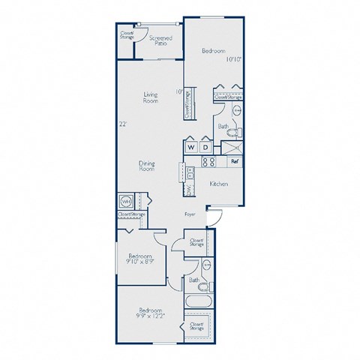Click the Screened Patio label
[158, 40]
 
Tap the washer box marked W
[190, 147]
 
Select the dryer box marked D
[203, 147]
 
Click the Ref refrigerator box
[234, 161]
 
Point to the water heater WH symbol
[124, 202]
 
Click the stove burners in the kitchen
[211, 161]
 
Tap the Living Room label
[151, 97]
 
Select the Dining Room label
[146, 166]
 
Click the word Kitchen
[218, 184]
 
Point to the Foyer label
[191, 214]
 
